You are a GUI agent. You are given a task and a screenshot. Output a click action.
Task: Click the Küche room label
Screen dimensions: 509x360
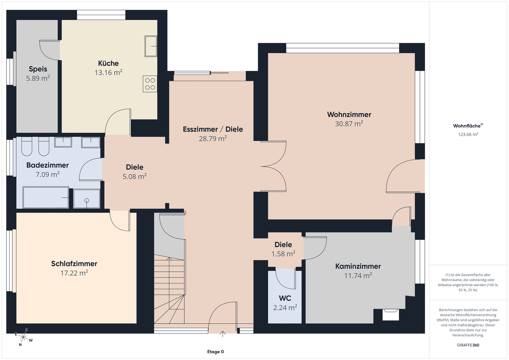(x=109, y=63)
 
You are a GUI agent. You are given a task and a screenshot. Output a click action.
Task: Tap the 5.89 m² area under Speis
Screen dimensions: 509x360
(x=38, y=78)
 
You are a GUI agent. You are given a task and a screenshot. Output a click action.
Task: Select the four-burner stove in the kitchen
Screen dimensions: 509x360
(x=150, y=84)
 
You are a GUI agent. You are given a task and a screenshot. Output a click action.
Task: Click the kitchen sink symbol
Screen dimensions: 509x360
(x=151, y=46)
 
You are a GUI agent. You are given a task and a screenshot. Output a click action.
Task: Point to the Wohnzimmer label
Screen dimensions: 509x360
(x=349, y=114)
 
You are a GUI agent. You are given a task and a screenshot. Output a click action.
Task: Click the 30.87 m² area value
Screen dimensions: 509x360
(x=349, y=124)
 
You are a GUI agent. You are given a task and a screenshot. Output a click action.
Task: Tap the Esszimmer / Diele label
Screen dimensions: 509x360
(x=213, y=129)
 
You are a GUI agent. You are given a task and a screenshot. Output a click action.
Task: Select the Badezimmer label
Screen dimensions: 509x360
(x=47, y=165)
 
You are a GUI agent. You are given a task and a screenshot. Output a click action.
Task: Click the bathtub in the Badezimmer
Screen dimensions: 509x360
(x=46, y=197)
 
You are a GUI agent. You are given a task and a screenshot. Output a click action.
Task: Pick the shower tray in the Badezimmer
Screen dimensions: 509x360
(x=87, y=199)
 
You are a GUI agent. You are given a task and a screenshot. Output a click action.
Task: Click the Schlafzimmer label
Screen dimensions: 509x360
(x=74, y=264)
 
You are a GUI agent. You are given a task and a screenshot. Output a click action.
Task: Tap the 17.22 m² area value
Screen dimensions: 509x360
(x=74, y=273)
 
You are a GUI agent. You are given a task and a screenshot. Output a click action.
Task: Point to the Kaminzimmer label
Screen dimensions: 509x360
(x=358, y=266)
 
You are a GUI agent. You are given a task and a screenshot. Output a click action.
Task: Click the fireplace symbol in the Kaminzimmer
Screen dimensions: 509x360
(x=391, y=314)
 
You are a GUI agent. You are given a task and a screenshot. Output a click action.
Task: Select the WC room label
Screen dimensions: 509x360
(x=285, y=298)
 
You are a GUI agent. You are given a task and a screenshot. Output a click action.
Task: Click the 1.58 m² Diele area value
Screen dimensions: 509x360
(x=283, y=254)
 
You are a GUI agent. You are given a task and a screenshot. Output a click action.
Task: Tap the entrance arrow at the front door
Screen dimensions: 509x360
(x=222, y=334)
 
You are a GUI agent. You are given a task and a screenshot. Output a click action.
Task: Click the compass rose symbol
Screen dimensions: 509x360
(x=23, y=337)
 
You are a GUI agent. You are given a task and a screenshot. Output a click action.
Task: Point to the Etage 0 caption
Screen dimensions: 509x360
(x=215, y=352)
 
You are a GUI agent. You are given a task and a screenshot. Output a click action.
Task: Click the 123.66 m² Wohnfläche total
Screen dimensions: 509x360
(x=468, y=134)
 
